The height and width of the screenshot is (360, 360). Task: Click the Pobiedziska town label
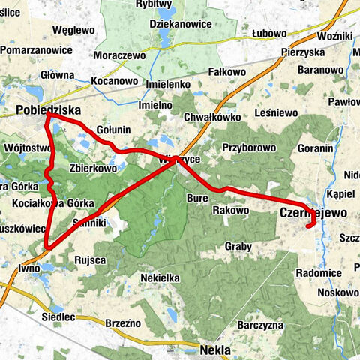(x=47, y=110)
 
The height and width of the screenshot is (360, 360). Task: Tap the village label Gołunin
(x=113, y=130)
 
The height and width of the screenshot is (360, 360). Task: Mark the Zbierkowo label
(x=93, y=169)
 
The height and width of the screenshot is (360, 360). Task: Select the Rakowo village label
(x=230, y=211)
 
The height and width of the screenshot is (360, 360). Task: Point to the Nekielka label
(x=160, y=277)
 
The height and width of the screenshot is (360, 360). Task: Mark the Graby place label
(x=238, y=246)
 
